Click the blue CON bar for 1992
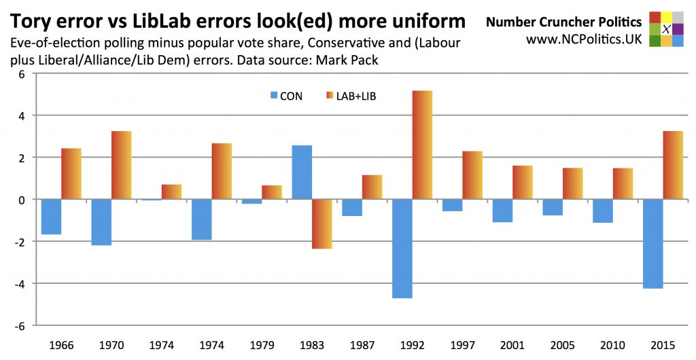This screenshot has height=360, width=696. pyautogui.click(x=402, y=249)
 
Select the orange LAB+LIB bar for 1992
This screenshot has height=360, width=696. pyautogui.click(x=422, y=145)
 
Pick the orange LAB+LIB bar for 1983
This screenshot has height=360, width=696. pyautogui.click(x=322, y=224)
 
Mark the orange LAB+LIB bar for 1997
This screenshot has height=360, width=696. pyautogui.click(x=472, y=175)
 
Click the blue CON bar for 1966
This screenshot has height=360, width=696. pyautogui.click(x=52, y=217)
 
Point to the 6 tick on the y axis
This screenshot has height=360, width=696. pyautogui.click(x=21, y=74)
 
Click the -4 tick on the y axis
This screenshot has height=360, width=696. pyautogui.click(x=20, y=283)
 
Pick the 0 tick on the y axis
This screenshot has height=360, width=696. pyautogui.click(x=21, y=200)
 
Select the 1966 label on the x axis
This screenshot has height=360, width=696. pyautogui.click(x=62, y=344)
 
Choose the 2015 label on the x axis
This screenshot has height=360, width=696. pyautogui.click(x=663, y=344)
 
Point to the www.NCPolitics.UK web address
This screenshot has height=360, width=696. pyautogui.click(x=583, y=39)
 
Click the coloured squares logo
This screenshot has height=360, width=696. pyautogui.click(x=666, y=29)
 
